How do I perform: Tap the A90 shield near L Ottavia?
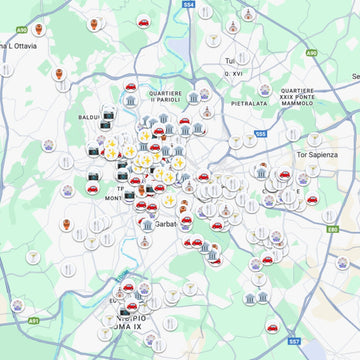[x=23, y=31]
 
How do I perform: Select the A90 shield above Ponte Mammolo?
[x=311, y=51]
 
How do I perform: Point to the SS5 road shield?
[x=261, y=133]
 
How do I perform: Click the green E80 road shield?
[x=331, y=230]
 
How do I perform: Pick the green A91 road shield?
[x=33, y=321]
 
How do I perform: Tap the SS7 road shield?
[x=294, y=340]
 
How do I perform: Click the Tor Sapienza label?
[x=319, y=155]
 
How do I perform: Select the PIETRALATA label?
[x=250, y=101]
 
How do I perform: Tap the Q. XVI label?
[x=234, y=73]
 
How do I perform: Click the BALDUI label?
[x=88, y=117]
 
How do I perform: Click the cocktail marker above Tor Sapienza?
[x=314, y=139]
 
